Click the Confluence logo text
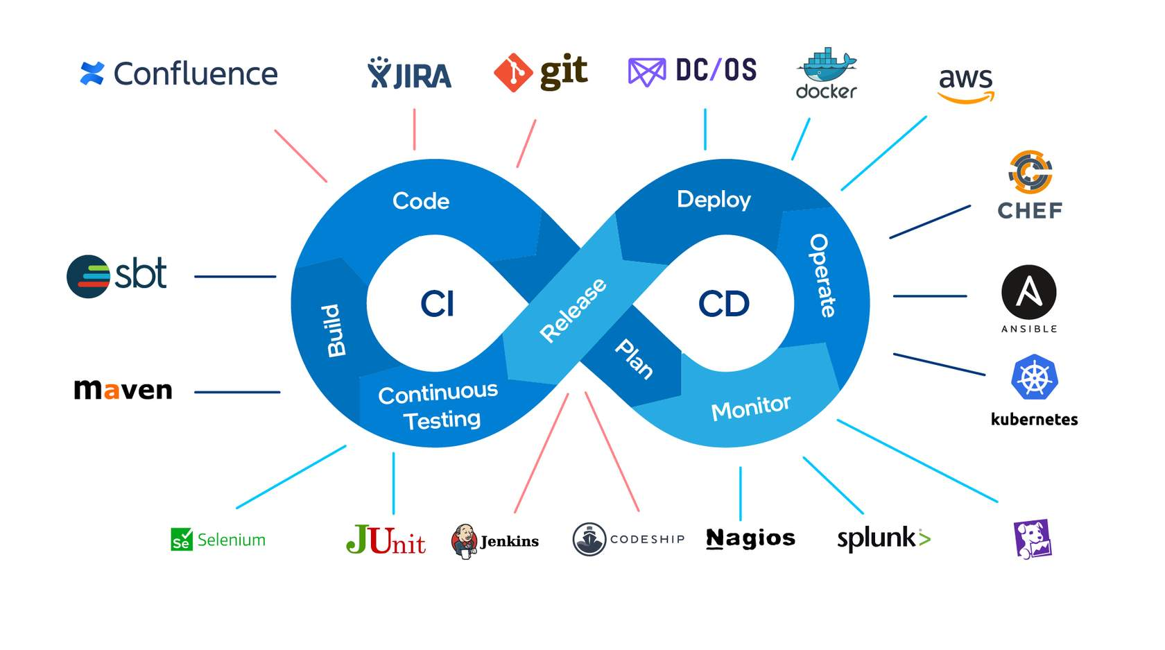[x=195, y=74]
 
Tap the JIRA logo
[x=410, y=74]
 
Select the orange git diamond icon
[x=513, y=72]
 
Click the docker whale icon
[x=827, y=65]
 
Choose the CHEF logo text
[x=1030, y=210]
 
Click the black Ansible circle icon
[x=1028, y=292]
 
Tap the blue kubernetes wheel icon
[x=1034, y=378]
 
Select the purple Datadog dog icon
[x=1033, y=539]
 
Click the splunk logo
[x=883, y=538]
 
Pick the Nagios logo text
[x=750, y=538]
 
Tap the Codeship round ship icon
[x=589, y=539]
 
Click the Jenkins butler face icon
[x=463, y=540]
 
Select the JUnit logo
[x=386, y=540]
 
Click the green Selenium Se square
[x=181, y=540]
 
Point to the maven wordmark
[x=123, y=390]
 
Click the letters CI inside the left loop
[x=437, y=304]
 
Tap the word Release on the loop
[x=573, y=309]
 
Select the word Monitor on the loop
[x=750, y=408]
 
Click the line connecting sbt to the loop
[x=235, y=276]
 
